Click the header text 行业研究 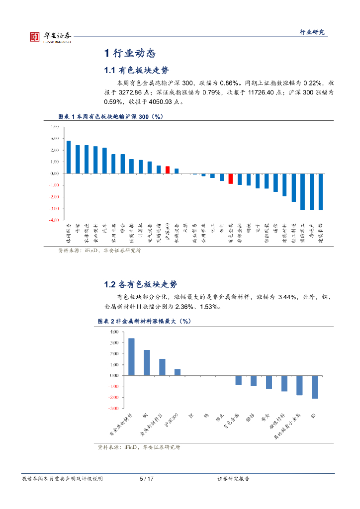pos(312,32)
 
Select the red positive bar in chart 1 pos(168,170)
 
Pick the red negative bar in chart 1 pos(231,178)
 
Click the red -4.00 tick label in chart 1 pos(54,220)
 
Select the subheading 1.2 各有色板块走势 pos(141,285)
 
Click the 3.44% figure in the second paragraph pos(288,297)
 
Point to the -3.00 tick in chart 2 pos(112,409)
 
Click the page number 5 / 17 pos(146,479)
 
